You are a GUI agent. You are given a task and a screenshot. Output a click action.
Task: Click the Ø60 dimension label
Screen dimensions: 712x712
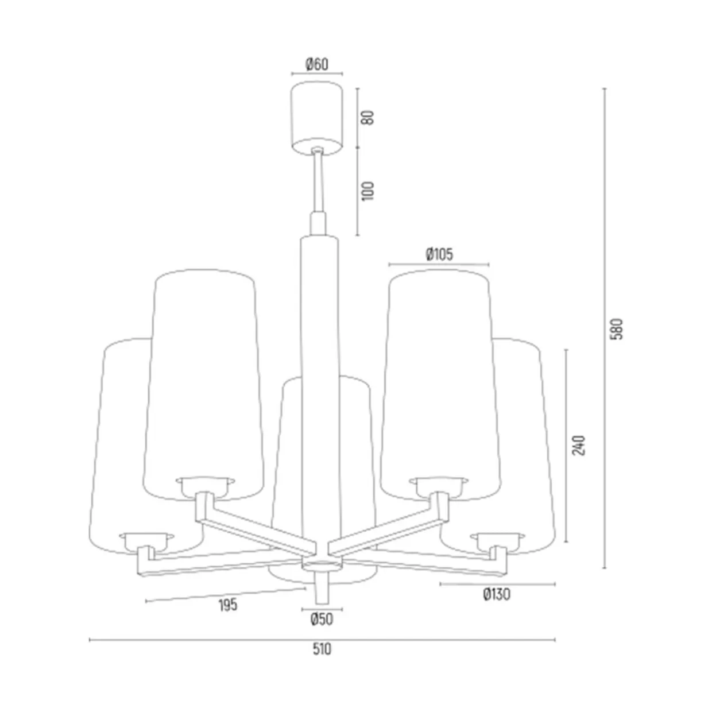click(x=316, y=64)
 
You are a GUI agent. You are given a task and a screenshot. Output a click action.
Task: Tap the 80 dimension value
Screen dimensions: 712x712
click(x=368, y=118)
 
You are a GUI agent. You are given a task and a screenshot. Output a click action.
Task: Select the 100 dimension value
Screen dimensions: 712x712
click(x=368, y=191)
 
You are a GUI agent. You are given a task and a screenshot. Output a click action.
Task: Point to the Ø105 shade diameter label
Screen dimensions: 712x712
click(x=439, y=254)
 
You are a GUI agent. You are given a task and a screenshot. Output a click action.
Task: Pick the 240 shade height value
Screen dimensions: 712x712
click(x=579, y=445)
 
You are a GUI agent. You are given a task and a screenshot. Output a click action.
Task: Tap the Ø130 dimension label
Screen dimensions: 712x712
click(x=497, y=594)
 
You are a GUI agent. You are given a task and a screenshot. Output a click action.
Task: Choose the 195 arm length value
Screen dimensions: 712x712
click(x=227, y=605)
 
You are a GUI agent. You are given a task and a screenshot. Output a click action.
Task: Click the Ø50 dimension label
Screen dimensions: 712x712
click(x=322, y=619)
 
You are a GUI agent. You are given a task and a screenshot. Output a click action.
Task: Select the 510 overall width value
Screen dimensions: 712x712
click(x=322, y=649)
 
